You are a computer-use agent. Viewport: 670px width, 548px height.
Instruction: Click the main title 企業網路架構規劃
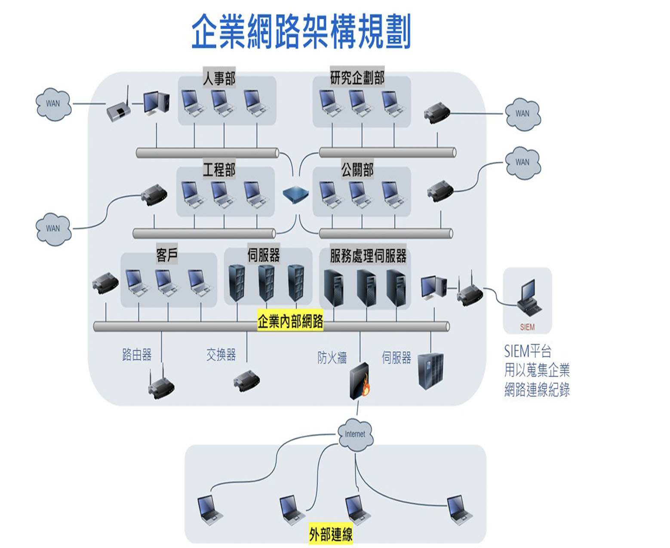tap(301, 31)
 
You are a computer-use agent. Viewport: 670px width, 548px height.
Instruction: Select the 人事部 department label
tap(219, 77)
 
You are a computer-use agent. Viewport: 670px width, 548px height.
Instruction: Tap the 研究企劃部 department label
tap(357, 77)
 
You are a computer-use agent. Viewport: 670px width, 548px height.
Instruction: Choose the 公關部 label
tap(357, 169)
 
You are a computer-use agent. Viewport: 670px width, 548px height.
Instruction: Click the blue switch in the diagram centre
tap(295, 194)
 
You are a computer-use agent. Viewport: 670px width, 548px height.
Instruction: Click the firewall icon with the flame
tap(360, 381)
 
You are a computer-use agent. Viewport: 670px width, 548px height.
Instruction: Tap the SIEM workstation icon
tap(529, 298)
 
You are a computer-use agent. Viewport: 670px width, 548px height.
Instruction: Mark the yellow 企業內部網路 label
tap(290, 321)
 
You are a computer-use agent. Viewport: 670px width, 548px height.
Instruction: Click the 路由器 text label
tap(137, 355)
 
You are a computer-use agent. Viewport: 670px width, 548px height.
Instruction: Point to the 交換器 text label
tap(221, 355)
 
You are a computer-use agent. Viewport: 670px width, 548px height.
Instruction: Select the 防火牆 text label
tap(332, 357)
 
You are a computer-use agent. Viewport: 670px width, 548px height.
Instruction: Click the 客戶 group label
tap(167, 254)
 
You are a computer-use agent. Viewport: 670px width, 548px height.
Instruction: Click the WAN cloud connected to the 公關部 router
tap(522, 163)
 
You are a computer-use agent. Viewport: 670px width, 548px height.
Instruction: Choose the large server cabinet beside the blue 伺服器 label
tap(430, 371)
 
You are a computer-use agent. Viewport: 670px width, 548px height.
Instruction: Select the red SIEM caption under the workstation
tap(527, 327)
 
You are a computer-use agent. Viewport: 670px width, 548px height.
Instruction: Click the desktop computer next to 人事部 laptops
tap(156, 102)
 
